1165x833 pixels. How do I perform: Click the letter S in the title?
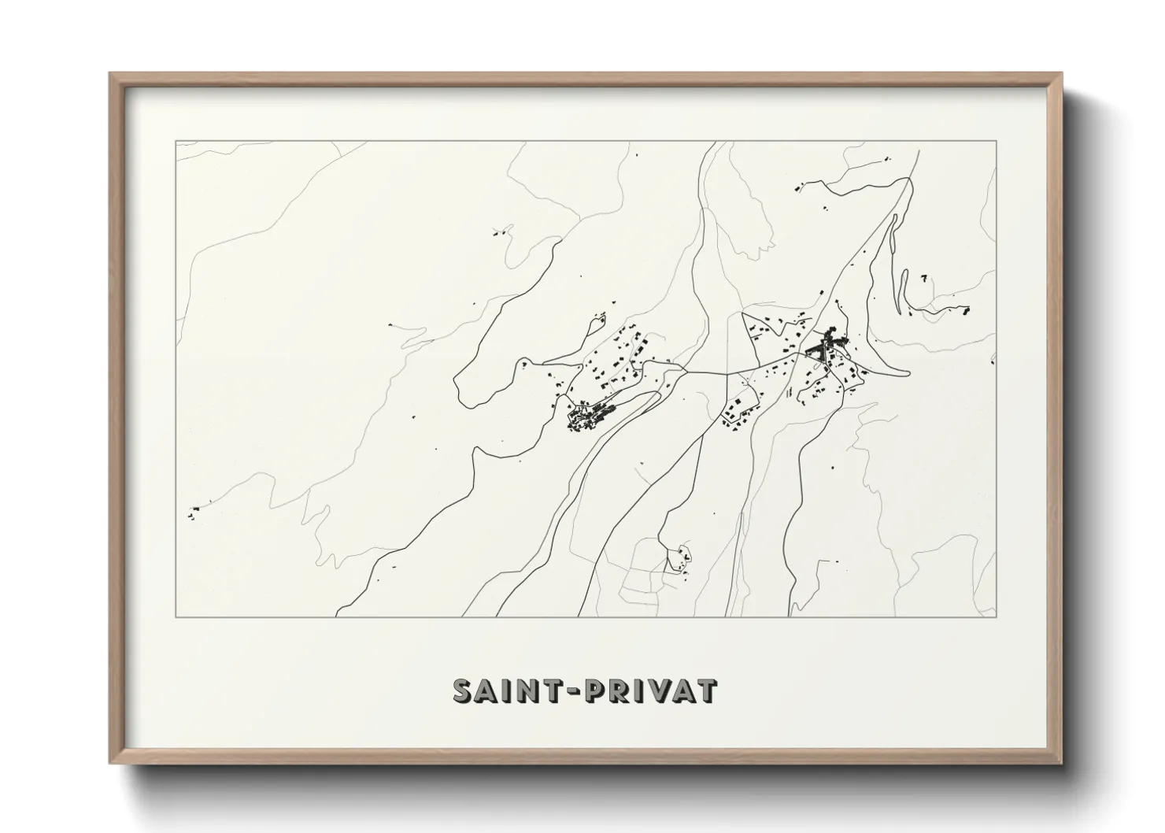pyautogui.click(x=464, y=690)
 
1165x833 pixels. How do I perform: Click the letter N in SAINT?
pyautogui.click(x=526, y=690)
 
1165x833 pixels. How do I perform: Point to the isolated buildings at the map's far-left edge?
pyautogui.click(x=193, y=512)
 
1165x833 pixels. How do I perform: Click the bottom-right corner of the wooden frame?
pyautogui.click(x=1061, y=763)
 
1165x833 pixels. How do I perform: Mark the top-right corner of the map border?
pyautogui.click(x=996, y=142)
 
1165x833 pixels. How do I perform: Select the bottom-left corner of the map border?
pyautogui.click(x=176, y=616)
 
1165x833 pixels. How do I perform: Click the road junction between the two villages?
pyautogui.click(x=686, y=370)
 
